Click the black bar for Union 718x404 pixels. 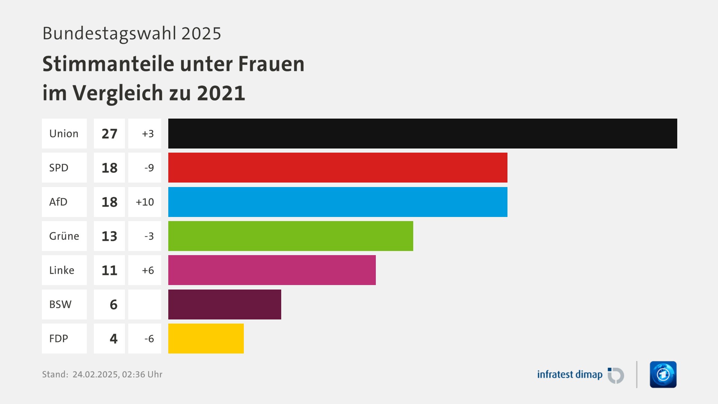click(x=423, y=134)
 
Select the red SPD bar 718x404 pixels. click(x=338, y=168)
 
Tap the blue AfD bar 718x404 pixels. click(x=338, y=202)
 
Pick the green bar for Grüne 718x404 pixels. click(x=291, y=236)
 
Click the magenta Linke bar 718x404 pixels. click(x=272, y=270)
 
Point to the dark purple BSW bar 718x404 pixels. click(x=224, y=304)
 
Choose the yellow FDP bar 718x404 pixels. click(x=206, y=339)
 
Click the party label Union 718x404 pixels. click(x=64, y=134)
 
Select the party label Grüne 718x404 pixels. click(x=64, y=236)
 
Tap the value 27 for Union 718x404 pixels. click(x=109, y=134)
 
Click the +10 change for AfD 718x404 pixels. click(x=145, y=202)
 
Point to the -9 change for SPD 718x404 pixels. click(x=149, y=168)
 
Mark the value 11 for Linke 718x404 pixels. click(x=109, y=270)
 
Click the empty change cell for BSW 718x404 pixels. click(x=145, y=304)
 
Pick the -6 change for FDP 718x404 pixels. click(x=149, y=339)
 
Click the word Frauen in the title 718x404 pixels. click(x=271, y=64)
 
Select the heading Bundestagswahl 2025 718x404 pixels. click(x=132, y=33)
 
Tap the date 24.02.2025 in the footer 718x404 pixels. click(x=96, y=374)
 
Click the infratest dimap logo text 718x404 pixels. click(x=570, y=374)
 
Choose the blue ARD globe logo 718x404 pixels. click(x=663, y=374)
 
